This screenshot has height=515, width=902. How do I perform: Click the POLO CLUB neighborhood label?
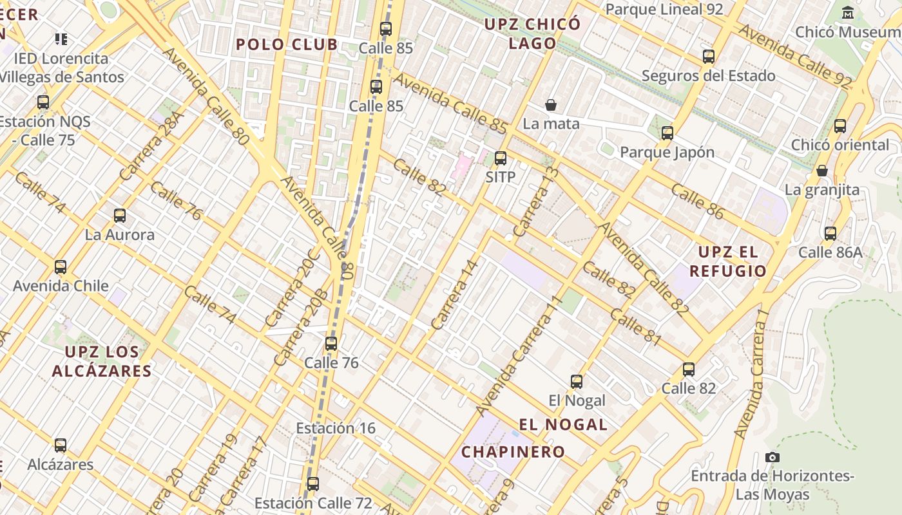point(286,44)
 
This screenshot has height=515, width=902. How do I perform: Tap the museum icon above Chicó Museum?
point(848,12)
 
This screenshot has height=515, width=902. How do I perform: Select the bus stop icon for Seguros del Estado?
point(709,57)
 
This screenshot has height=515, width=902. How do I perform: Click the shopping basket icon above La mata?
point(551,104)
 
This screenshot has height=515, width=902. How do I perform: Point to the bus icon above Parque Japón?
point(667,133)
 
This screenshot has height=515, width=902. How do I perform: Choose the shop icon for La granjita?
point(822,171)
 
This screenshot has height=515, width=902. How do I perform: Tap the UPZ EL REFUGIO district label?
point(728,261)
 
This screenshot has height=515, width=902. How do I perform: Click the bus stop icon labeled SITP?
point(501,158)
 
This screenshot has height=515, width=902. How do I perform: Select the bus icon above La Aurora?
point(120,216)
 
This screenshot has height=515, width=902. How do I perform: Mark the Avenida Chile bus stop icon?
point(61,267)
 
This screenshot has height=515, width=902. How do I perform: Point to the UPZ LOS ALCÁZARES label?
point(102,361)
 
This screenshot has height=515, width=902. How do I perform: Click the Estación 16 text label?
point(335,428)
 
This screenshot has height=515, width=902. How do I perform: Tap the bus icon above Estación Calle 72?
point(313,483)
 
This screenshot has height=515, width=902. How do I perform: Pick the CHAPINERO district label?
point(513,452)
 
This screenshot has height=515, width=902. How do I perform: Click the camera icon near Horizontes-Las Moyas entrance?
point(772,457)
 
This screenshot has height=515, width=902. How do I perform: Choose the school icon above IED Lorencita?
point(61,39)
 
